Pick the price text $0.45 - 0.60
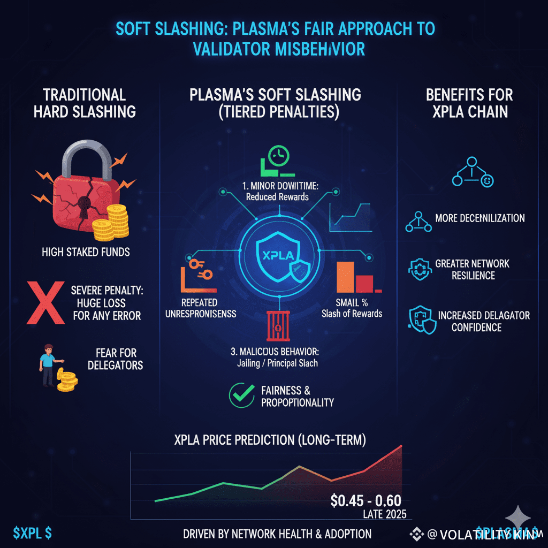pyautogui.click(x=366, y=501)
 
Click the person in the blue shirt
pyautogui.click(x=48, y=363)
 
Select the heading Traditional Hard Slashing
pyautogui.click(x=84, y=103)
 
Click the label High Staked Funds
pyautogui.click(x=86, y=252)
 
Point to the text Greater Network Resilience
pyautogui.click(x=472, y=269)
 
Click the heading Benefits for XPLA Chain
pyautogui.click(x=469, y=103)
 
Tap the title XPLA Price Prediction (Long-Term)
pyautogui.click(x=270, y=441)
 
